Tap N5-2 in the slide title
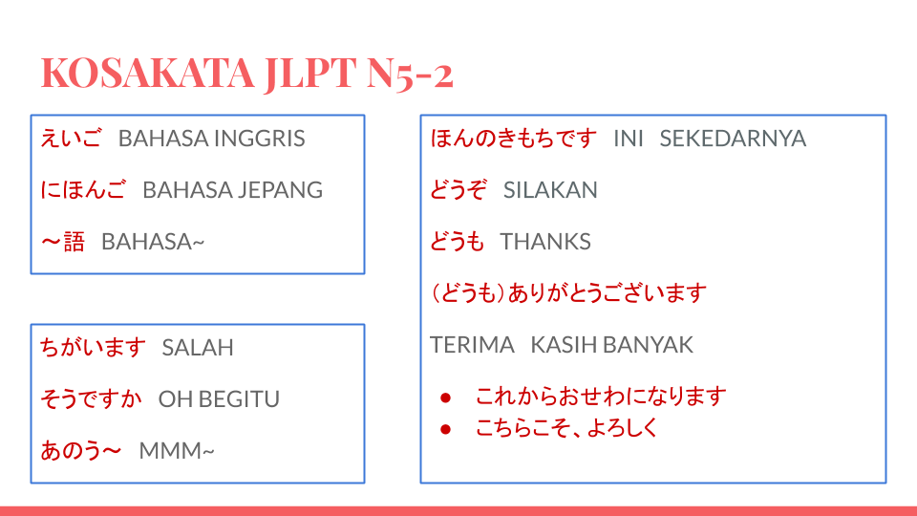click(x=410, y=73)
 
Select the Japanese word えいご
click(x=71, y=139)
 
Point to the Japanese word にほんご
click(x=83, y=190)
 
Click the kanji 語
click(x=75, y=242)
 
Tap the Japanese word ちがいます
click(x=93, y=347)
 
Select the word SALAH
click(x=198, y=348)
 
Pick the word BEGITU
click(x=238, y=399)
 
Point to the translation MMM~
click(x=177, y=450)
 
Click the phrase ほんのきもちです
click(x=514, y=139)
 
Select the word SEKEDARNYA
click(x=733, y=139)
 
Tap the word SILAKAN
click(x=550, y=190)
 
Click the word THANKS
click(x=545, y=242)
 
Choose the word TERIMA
click(x=473, y=345)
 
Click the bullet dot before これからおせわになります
click(x=445, y=397)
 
